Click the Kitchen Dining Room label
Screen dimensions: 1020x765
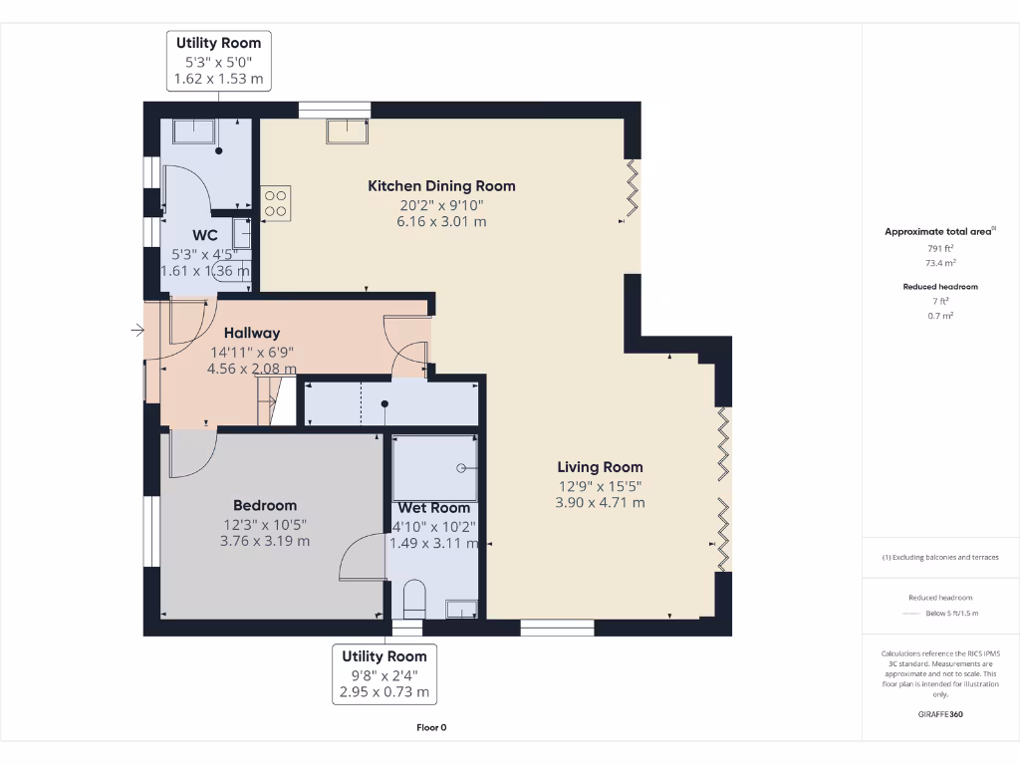441,186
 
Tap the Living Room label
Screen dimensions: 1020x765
600,467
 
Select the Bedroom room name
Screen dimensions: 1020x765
265,505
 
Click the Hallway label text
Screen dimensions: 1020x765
252,333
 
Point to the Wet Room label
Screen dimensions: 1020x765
434,508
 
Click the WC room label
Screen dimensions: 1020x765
205,235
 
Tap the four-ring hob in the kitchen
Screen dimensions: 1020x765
276,203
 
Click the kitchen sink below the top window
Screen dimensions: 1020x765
348,130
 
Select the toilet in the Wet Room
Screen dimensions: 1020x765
414,599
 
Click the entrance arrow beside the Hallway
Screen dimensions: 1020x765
137,331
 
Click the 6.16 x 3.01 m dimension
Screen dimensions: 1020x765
441,222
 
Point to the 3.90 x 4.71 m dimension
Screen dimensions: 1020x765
600,503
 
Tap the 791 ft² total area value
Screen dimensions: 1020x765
940,248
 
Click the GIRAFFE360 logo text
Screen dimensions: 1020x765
940,714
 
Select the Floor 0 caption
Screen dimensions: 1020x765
431,728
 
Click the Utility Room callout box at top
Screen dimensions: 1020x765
218,61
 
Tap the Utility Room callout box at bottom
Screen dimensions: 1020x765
384,674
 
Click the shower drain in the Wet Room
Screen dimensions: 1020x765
461,468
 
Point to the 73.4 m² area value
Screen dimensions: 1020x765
940,263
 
